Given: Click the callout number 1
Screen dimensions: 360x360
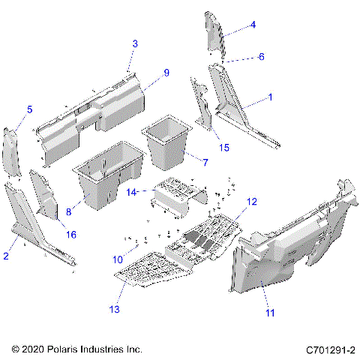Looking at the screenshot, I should coord(271,97).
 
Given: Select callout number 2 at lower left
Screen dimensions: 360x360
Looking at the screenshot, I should coord(7,256).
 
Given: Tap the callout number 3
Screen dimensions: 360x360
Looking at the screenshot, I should coord(134,43).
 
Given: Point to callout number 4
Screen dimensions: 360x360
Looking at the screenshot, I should coord(253,25).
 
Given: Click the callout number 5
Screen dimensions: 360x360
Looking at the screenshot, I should coord(29,109).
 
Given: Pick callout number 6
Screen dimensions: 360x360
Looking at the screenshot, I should coord(261,57).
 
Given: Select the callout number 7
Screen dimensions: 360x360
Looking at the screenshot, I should coord(205,161).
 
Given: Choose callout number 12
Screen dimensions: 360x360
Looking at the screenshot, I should coord(252,201).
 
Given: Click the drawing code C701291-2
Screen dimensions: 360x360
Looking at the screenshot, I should coord(330,349).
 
